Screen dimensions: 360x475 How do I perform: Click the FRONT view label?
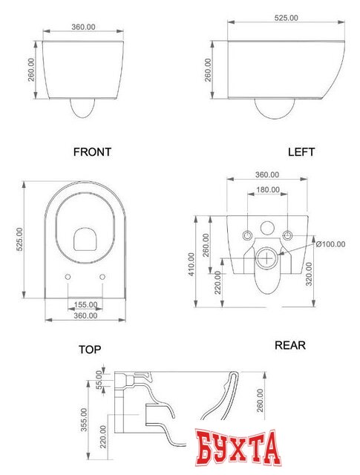(x=92, y=151)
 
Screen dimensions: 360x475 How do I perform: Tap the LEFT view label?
(x=301, y=151)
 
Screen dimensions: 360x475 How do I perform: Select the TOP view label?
(x=90, y=350)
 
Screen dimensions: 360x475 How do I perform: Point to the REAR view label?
(x=290, y=345)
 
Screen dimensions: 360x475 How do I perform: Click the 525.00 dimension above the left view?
(x=286, y=18)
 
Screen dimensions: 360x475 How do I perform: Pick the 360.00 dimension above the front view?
(x=83, y=27)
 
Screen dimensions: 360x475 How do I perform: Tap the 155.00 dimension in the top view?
(x=86, y=304)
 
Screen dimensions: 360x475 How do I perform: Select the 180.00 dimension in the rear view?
(x=268, y=190)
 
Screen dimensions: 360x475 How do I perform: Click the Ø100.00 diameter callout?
(x=330, y=244)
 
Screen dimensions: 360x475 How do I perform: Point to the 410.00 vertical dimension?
(x=192, y=264)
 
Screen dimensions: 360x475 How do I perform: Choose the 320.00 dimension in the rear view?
(x=309, y=274)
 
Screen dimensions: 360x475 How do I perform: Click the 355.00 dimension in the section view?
(x=84, y=419)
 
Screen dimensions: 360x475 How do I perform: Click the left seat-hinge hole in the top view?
(x=68, y=277)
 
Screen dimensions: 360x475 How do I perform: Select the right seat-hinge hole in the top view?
(x=102, y=277)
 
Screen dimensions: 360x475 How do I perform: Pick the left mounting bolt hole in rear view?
(x=248, y=235)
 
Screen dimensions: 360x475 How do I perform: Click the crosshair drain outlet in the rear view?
(x=267, y=258)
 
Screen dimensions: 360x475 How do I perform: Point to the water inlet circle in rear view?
(x=267, y=228)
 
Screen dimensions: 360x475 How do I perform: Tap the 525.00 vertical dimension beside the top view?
(x=19, y=239)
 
